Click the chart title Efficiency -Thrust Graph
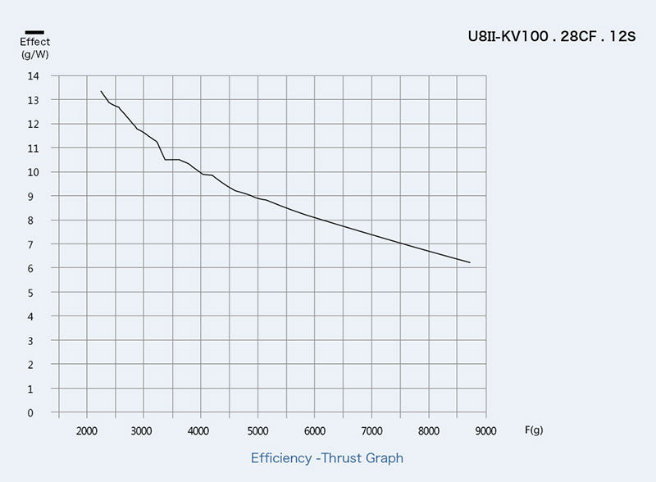pyautogui.click(x=326, y=458)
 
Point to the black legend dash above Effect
pyautogui.click(x=34, y=31)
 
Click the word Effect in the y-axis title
pyautogui.click(x=34, y=42)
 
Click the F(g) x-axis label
pyautogui.click(x=533, y=430)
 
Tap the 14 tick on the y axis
pyautogui.click(x=33, y=76)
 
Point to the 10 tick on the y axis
pyautogui.click(x=33, y=172)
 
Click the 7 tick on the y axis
pyautogui.click(x=33, y=244)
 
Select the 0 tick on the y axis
pyautogui.click(x=33, y=413)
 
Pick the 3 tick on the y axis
pyautogui.click(x=33, y=341)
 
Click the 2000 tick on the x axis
pyautogui.click(x=86, y=430)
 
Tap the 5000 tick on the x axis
pyautogui.click(x=257, y=430)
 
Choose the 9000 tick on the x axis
pyautogui.click(x=485, y=430)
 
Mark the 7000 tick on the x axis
pyautogui.click(x=371, y=430)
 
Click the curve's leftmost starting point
pyautogui.click(x=101, y=91)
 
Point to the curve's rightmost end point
pyautogui.click(x=470, y=262)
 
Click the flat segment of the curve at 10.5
pyautogui.click(x=172, y=159)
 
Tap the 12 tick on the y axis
pyautogui.click(x=33, y=125)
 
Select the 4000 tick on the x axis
pyautogui.click(x=200, y=430)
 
